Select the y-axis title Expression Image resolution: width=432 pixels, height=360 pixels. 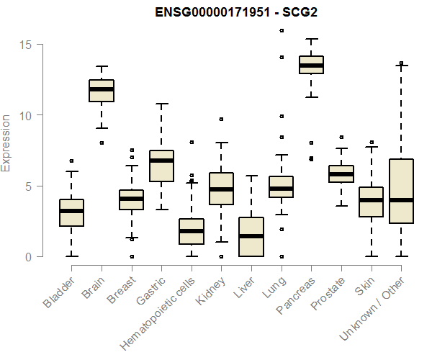coord(6,143)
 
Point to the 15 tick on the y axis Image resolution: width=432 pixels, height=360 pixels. coord(26,45)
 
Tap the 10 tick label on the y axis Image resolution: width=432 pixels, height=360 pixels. coord(26,115)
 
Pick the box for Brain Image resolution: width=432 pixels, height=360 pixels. coord(102,91)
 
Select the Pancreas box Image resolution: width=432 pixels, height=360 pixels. coord(312,65)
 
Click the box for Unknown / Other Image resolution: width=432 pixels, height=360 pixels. coord(401,191)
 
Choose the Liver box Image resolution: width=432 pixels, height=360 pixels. coord(251,237)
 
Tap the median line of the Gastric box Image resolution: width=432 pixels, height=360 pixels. coord(162,160)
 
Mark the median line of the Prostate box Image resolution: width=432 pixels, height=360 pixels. coord(341,174)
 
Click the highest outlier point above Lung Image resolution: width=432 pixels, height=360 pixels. coord(282,31)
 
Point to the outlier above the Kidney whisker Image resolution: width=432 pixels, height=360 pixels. coord(222,120)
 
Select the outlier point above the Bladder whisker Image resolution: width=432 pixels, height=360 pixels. coord(72,161)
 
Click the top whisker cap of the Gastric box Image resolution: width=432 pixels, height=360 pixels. coord(162,104)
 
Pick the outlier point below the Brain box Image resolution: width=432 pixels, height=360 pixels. coord(102,143)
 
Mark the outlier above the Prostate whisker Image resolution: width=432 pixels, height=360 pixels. coord(341,137)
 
